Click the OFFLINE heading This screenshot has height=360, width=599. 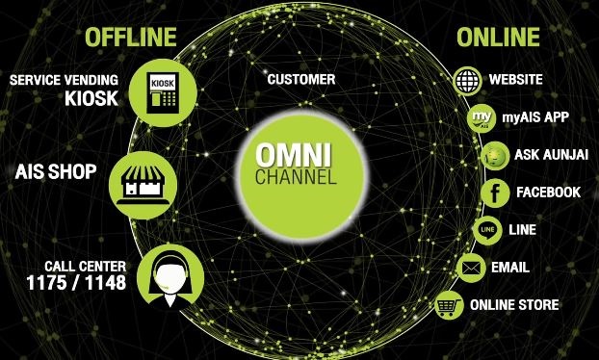pos(131,37)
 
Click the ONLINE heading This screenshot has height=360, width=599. pos(498,37)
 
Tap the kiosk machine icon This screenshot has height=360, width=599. pos(163,92)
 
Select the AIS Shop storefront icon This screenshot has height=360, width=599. pos(143,185)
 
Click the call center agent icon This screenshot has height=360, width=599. pos(170,277)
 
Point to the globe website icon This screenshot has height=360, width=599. pos(467,81)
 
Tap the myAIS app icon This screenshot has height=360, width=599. pos(482,118)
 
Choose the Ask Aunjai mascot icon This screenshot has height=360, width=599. pos(495,156)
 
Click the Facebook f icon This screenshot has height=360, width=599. pos(495,193)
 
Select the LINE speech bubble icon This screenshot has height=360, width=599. pos(487,230)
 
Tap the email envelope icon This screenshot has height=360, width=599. pos(471,268)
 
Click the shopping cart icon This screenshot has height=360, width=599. pos(449,305)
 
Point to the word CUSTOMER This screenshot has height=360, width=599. pos(301,79)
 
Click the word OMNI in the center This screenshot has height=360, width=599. pos(294,155)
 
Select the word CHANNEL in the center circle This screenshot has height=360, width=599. pos(296,177)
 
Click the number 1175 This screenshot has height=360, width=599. pos(46,283)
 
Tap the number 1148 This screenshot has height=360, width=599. pos(105,283)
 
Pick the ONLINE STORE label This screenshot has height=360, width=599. pos(514,305)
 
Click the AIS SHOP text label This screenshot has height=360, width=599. pos(56,171)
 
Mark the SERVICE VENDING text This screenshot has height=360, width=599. pos(64,80)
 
